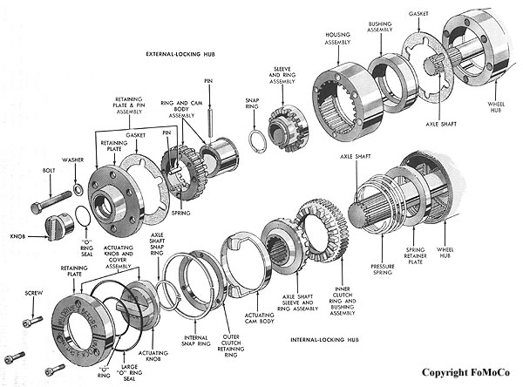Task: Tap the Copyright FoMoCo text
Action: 467,371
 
